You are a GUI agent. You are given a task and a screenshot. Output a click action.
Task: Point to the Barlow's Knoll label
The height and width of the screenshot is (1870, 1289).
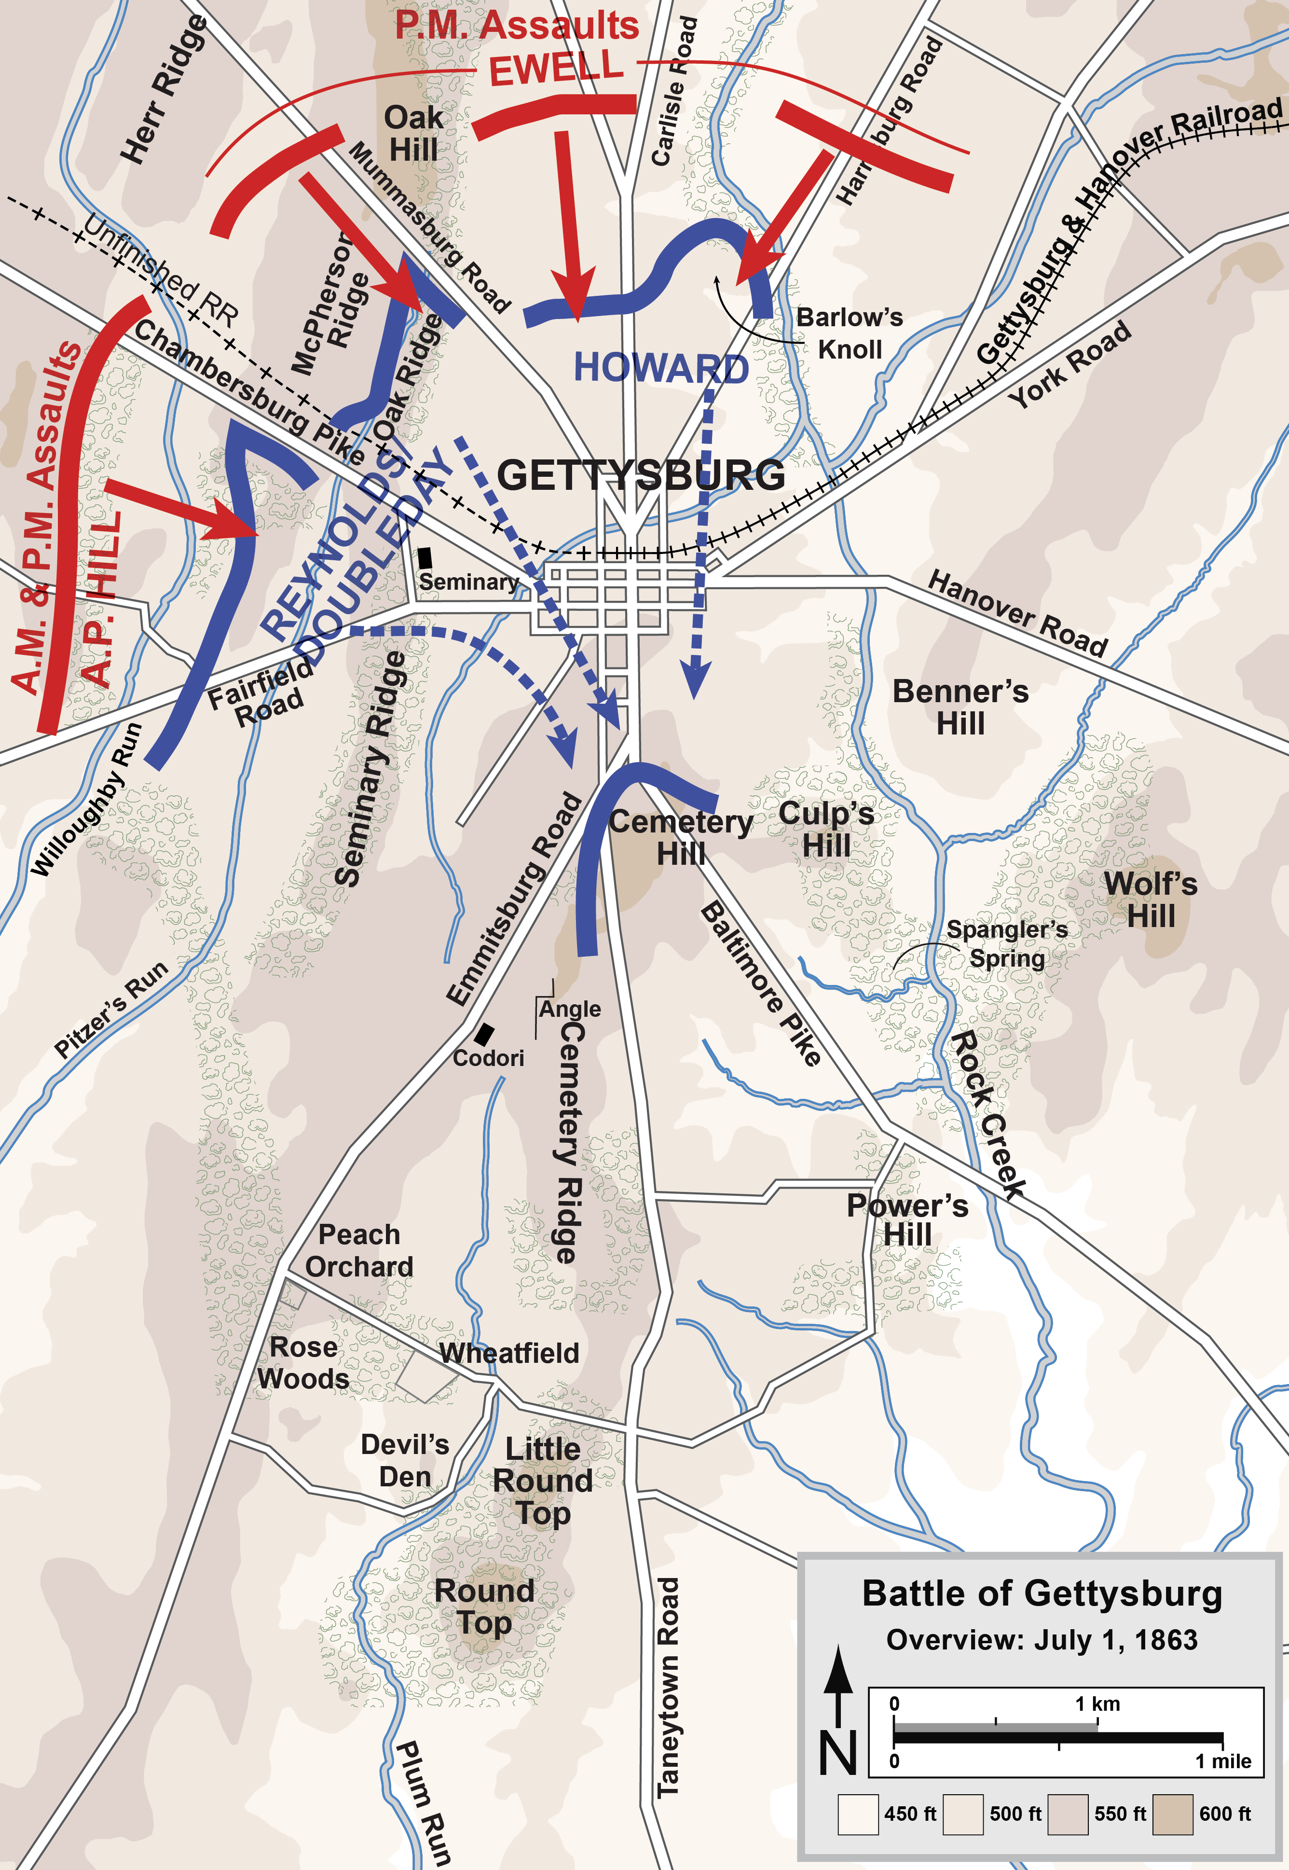[x=850, y=333]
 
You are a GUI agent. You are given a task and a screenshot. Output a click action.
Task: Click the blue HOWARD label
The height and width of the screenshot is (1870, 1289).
[x=660, y=368]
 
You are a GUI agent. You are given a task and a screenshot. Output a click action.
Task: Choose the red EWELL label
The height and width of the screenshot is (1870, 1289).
[x=557, y=69]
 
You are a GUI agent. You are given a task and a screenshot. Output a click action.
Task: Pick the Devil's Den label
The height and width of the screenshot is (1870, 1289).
[x=405, y=1460]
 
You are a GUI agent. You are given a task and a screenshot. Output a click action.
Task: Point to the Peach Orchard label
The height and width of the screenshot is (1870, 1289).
[x=359, y=1250]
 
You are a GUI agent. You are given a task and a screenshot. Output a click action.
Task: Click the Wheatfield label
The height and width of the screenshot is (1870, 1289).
[x=509, y=1353]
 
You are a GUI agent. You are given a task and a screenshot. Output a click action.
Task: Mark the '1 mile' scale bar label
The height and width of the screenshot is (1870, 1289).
[x=1223, y=1762]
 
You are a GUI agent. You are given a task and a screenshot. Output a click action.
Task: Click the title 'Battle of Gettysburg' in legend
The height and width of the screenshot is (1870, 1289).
[x=1042, y=1594]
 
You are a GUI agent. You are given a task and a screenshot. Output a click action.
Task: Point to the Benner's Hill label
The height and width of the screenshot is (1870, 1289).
[x=960, y=707]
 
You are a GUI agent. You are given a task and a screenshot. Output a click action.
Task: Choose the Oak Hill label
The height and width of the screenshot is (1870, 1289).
[x=413, y=133]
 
